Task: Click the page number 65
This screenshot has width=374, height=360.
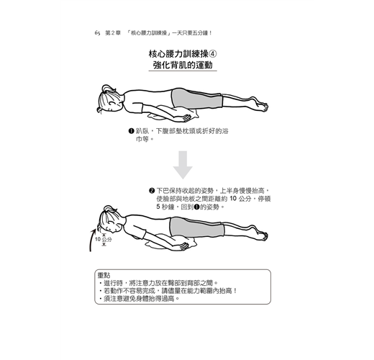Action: (x=97, y=33)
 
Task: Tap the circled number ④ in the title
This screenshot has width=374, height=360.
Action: (x=213, y=54)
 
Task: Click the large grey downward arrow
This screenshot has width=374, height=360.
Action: (x=183, y=165)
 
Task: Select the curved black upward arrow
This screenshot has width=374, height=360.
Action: (x=92, y=240)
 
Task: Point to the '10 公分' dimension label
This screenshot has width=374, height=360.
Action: (x=103, y=239)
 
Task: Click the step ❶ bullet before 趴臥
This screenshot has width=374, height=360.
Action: (x=131, y=131)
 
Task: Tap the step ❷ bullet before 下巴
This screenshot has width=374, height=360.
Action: (x=151, y=191)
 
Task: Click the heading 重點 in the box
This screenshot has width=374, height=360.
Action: (x=104, y=276)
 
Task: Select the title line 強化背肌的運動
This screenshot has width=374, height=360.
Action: (x=183, y=66)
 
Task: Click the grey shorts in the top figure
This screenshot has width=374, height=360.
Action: (x=196, y=99)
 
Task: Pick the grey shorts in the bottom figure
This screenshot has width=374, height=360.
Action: (x=196, y=227)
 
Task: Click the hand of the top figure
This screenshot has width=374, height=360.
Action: (x=187, y=118)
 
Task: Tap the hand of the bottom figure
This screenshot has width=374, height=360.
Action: (x=185, y=246)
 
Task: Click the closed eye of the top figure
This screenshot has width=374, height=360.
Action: (x=111, y=104)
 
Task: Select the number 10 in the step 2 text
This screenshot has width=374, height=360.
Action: (x=233, y=199)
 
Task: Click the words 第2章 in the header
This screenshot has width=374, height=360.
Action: (x=113, y=33)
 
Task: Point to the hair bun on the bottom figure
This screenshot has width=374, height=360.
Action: (x=108, y=208)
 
